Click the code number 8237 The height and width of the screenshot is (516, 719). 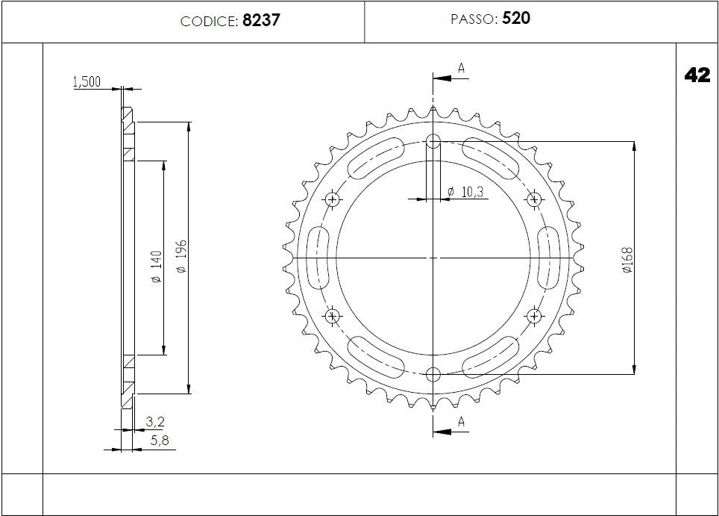tap(261, 21)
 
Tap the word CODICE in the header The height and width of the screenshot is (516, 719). tap(210, 22)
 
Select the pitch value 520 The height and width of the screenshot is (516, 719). tap(516, 19)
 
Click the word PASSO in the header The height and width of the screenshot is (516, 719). tap(473, 19)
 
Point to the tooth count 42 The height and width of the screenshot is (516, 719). tap(697, 75)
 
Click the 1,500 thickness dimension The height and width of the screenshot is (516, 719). tap(87, 83)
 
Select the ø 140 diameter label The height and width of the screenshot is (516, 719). tap(156, 267)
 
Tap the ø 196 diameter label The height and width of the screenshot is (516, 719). tap(181, 258)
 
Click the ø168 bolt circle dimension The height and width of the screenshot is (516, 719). tap(627, 258)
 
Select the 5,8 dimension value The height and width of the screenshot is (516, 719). tap(160, 441)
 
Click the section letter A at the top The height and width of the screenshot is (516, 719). tap(462, 69)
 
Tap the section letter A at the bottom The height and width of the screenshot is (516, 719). tap(462, 423)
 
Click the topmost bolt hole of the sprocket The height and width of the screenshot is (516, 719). tap(433, 141)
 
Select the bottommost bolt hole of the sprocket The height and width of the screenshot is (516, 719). tap(433, 373)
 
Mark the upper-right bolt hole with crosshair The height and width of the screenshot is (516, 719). tap(534, 199)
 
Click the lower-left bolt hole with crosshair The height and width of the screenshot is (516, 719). tap(333, 316)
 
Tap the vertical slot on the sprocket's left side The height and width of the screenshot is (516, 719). tap(318, 258)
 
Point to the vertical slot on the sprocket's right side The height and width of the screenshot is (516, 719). tap(549, 258)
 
